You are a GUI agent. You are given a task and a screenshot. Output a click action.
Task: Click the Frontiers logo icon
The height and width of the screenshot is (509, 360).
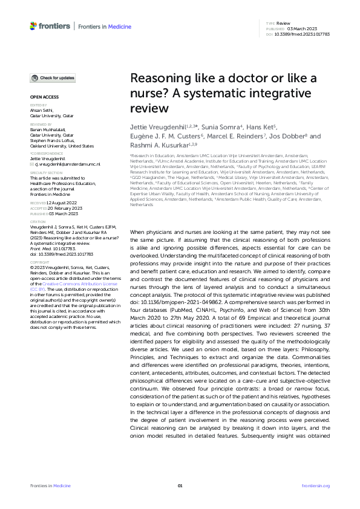click(33, 27)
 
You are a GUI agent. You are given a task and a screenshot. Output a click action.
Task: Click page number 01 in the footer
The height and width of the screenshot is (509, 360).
click(180, 486)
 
